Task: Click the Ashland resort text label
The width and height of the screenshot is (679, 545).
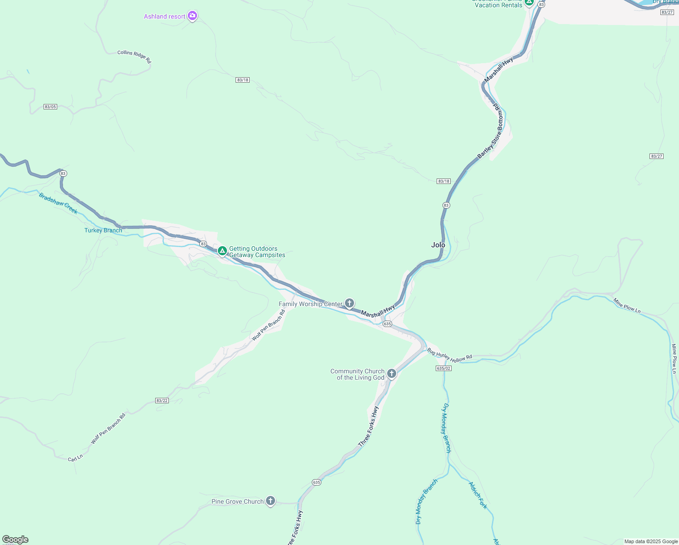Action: (164, 17)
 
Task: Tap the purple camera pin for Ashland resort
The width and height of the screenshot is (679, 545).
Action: (192, 16)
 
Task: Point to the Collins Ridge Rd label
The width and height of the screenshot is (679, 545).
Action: (134, 56)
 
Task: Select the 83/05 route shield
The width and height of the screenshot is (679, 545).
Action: (50, 107)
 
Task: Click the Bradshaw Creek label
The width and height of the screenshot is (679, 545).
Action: (58, 203)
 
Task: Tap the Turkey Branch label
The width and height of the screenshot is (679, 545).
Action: (103, 230)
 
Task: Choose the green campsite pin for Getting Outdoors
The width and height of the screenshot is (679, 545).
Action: (222, 251)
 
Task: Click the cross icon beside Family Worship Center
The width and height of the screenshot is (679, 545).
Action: (349, 303)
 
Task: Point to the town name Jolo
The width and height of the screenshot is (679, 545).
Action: (438, 245)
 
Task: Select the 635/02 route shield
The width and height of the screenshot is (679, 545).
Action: (443, 368)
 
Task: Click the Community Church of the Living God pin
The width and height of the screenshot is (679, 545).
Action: (392, 374)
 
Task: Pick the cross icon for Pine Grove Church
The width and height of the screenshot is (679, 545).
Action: (271, 501)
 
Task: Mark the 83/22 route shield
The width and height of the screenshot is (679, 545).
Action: (162, 401)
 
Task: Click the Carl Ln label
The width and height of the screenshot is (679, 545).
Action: (75, 458)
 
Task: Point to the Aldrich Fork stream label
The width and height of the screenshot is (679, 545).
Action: (478, 495)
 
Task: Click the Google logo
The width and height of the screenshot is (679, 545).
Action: (15, 540)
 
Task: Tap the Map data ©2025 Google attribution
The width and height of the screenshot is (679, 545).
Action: (651, 541)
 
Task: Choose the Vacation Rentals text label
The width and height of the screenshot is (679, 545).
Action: (498, 5)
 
